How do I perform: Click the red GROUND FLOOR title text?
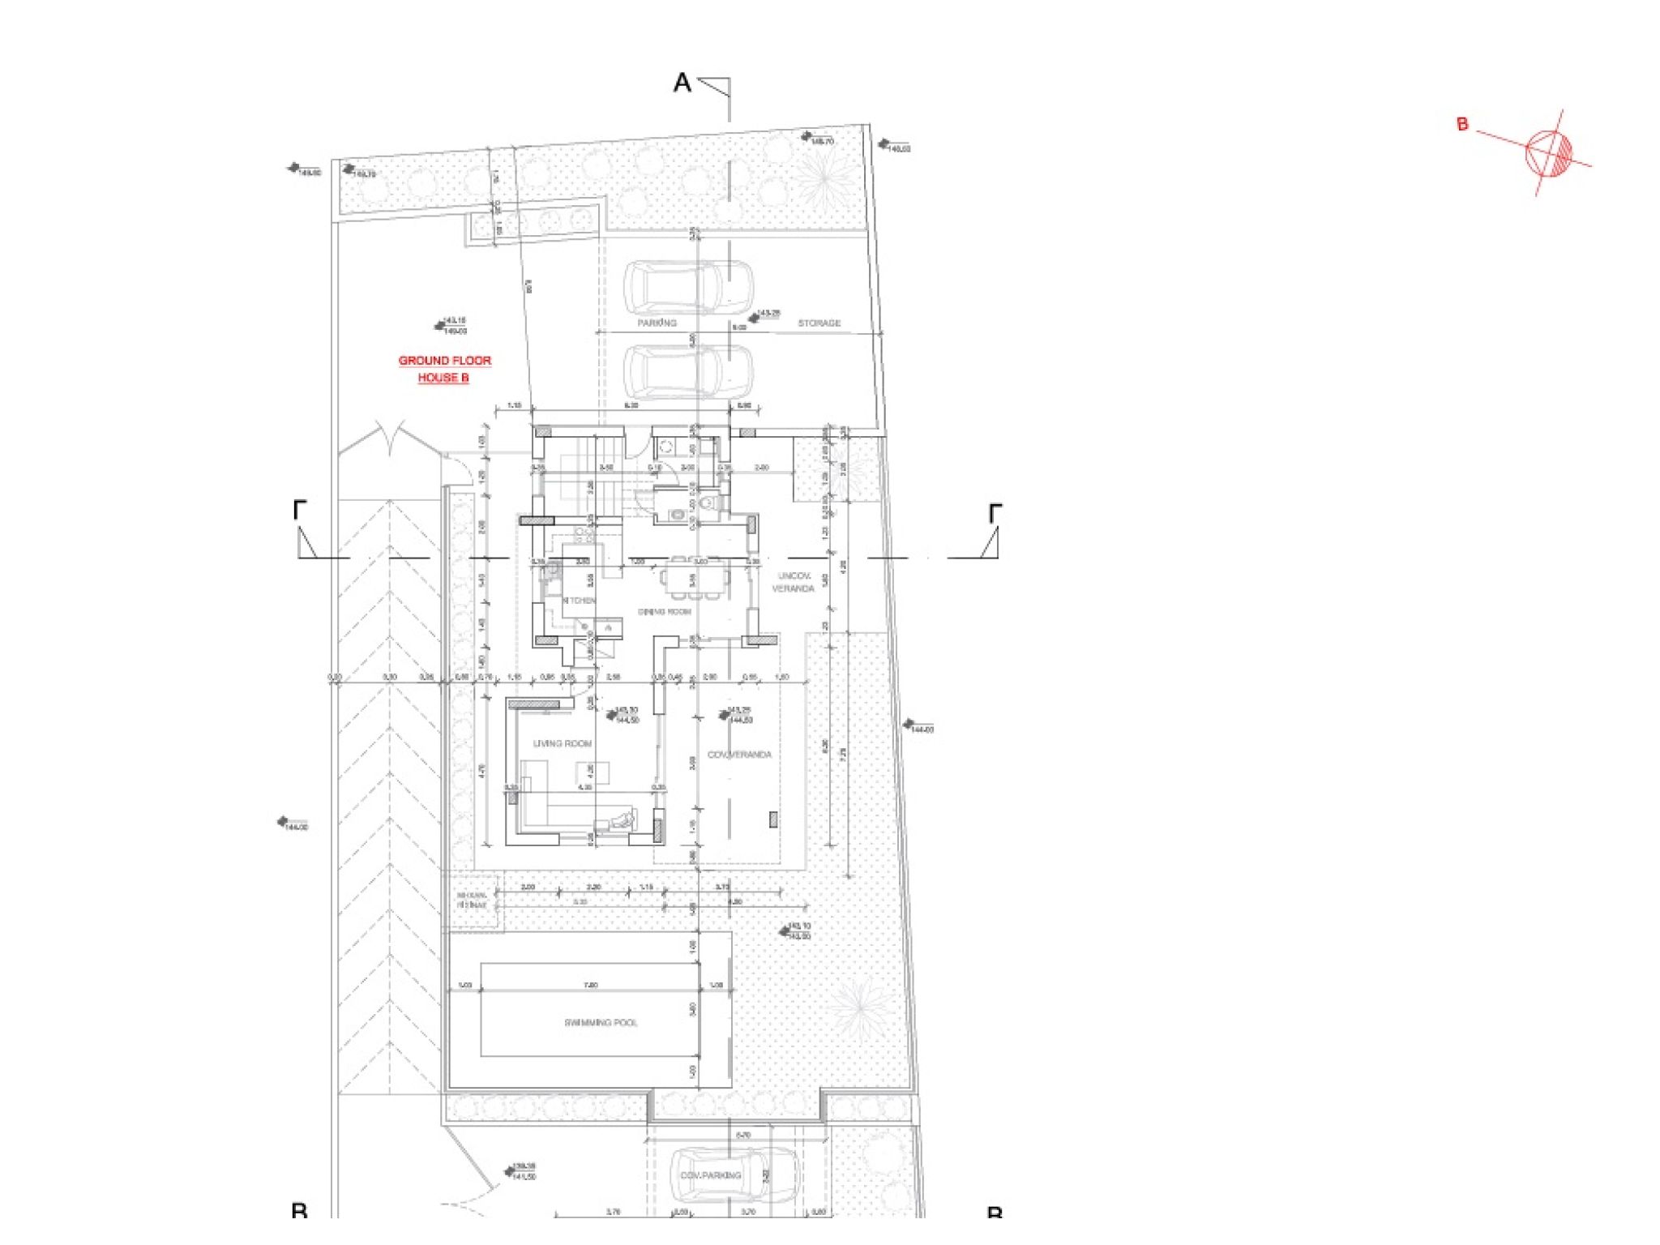[444, 360]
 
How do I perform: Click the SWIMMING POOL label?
[601, 1022]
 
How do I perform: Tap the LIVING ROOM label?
[562, 743]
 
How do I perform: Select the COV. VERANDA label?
[739, 755]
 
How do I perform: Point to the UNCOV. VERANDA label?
[793, 582]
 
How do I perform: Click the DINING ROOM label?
[664, 611]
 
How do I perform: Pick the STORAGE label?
[819, 323]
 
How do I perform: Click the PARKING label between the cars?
[657, 323]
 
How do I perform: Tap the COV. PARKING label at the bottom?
[710, 1174]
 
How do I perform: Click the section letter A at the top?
[682, 83]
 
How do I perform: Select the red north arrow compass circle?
[1548, 152]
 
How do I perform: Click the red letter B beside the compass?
[1462, 124]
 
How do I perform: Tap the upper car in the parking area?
[687, 287]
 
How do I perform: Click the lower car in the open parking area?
[687, 370]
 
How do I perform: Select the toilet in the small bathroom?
[708, 503]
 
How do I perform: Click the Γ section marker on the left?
[300, 511]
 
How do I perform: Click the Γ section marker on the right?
[995, 512]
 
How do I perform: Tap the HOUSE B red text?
[443, 378]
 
